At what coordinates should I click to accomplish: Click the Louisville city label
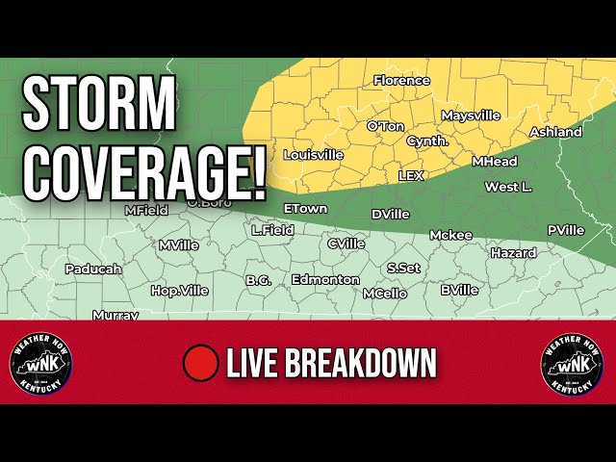coord(313,154)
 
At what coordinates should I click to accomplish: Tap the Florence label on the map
coord(401,81)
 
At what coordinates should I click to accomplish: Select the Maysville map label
coord(471,115)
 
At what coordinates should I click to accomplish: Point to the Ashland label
coord(555,132)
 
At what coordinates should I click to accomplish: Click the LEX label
coord(411,175)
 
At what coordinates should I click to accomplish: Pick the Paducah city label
coord(93,269)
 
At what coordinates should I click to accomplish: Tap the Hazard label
coord(513,253)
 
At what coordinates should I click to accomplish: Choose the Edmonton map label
coord(325,280)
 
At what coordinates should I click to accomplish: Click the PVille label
coord(566,230)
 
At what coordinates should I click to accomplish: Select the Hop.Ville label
coord(179,290)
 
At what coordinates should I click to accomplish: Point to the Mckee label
coord(450,235)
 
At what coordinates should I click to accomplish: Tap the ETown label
coord(305,209)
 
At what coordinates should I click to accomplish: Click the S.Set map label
coord(403,269)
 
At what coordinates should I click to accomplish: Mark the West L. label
coord(508,187)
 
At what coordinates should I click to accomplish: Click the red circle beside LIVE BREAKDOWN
coord(201,363)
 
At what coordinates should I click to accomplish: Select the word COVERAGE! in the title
coord(144,169)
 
